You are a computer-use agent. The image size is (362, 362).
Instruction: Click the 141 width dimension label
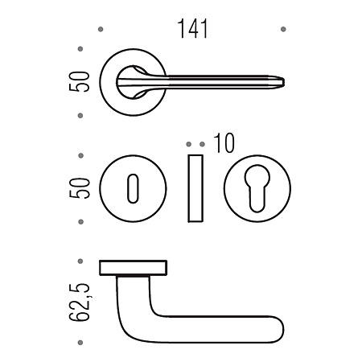pos(192,29)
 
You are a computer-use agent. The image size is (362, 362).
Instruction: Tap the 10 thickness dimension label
pos(224,143)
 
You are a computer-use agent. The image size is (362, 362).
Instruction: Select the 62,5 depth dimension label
pos(79,302)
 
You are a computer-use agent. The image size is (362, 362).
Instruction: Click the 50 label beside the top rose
pos(79,82)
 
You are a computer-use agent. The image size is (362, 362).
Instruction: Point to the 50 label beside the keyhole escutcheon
pos(79,188)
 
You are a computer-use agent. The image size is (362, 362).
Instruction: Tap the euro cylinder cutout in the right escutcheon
pos(257,188)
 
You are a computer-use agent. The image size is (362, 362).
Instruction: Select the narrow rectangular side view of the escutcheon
pos(195,188)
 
